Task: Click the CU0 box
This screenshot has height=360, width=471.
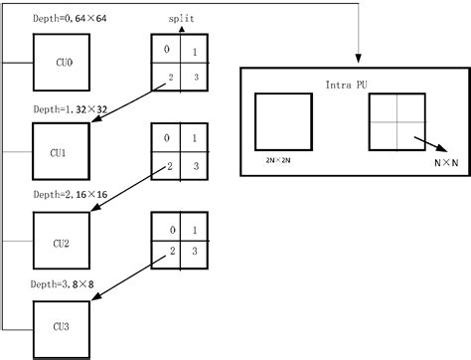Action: pyautogui.click(x=63, y=61)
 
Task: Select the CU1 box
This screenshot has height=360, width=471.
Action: pyautogui.click(x=63, y=153)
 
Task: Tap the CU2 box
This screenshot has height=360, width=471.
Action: pyautogui.click(x=63, y=241)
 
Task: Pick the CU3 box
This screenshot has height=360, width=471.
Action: pyautogui.click(x=63, y=324)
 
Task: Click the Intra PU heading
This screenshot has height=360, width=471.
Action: pyautogui.click(x=347, y=87)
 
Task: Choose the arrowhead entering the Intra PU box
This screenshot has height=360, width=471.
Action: pyautogui.click(x=357, y=59)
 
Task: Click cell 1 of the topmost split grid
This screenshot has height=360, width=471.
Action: pyautogui.click(x=196, y=52)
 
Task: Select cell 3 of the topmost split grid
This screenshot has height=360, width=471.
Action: pyautogui.click(x=196, y=77)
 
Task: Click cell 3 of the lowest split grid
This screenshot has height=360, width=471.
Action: pyautogui.click(x=196, y=255)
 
